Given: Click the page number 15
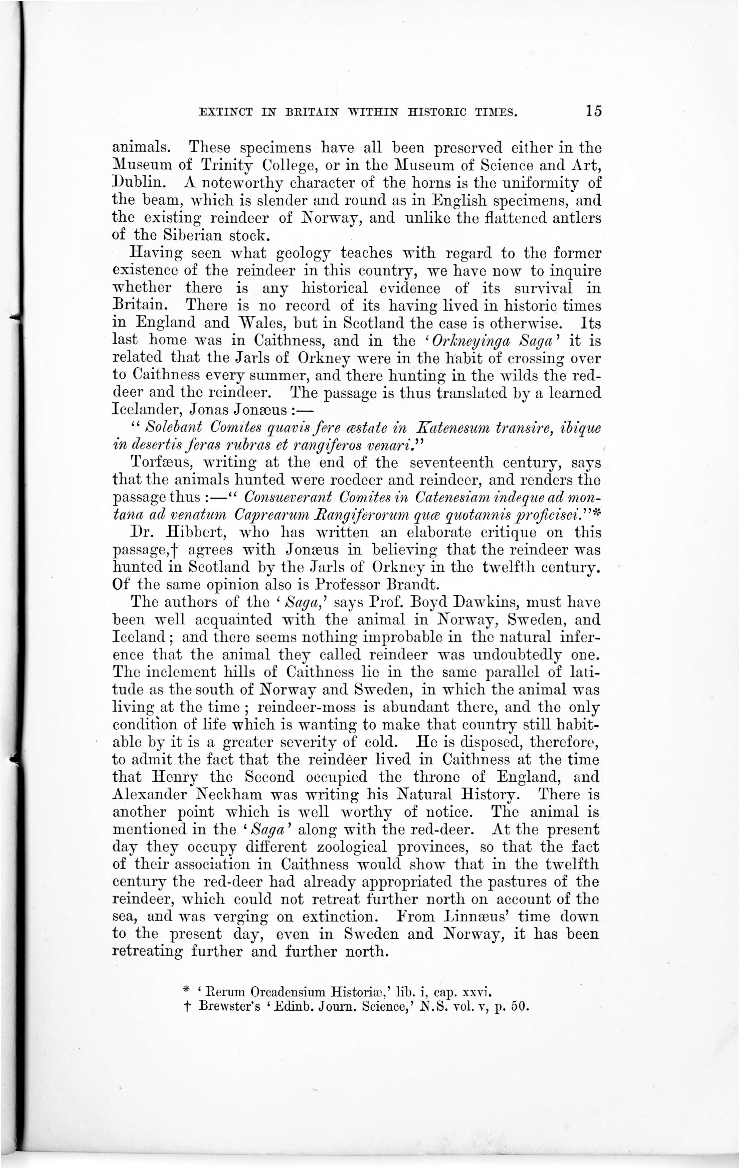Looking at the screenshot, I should (593, 111).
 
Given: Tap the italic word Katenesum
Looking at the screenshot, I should (454, 427).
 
